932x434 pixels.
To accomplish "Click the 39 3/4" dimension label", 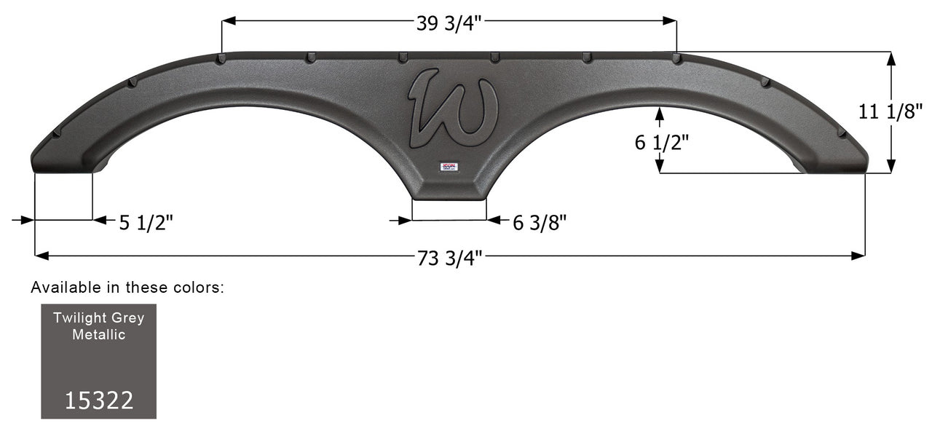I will (449, 23).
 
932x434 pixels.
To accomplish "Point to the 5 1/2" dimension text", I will (146, 223).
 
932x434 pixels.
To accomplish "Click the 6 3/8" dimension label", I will (540, 223).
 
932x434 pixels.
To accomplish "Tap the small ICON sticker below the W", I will (449, 167).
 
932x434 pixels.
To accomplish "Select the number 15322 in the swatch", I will (99, 400).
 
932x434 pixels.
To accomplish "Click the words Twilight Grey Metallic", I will (98, 325).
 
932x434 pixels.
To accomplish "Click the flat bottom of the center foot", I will (449, 197).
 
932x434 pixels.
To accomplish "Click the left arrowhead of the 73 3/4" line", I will (41, 256).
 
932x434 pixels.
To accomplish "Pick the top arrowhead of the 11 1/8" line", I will (890, 59).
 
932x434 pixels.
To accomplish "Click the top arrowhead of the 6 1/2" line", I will (659, 113).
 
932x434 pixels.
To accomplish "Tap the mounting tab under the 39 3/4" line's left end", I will (221, 58).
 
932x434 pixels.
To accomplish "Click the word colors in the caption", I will (200, 288).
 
